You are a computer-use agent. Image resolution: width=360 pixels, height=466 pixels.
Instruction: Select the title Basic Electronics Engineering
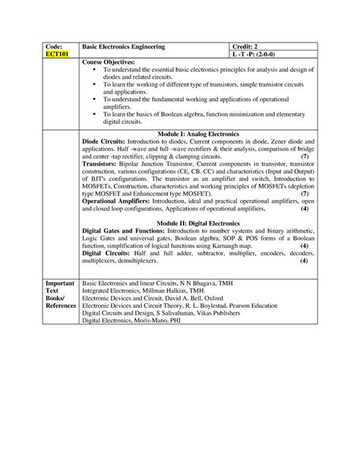(123, 46)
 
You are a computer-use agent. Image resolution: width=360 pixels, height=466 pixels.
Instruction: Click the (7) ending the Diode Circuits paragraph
(303, 155)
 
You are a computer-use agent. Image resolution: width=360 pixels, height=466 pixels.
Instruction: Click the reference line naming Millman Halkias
(144, 290)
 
